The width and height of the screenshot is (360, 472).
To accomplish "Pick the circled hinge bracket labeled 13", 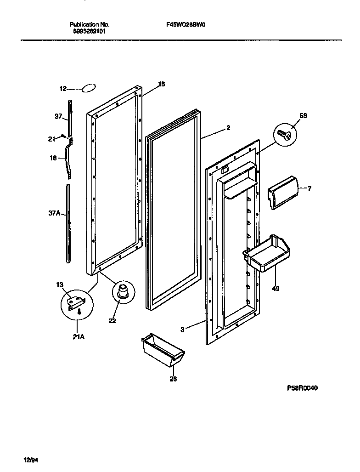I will (76, 304).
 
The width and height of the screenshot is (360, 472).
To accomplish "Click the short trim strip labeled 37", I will (70, 118).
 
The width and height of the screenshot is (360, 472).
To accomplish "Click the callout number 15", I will (161, 84).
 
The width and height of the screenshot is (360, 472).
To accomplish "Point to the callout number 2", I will (228, 128).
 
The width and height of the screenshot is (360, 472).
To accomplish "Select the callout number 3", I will (182, 329).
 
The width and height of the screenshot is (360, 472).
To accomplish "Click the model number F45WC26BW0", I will (185, 25).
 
